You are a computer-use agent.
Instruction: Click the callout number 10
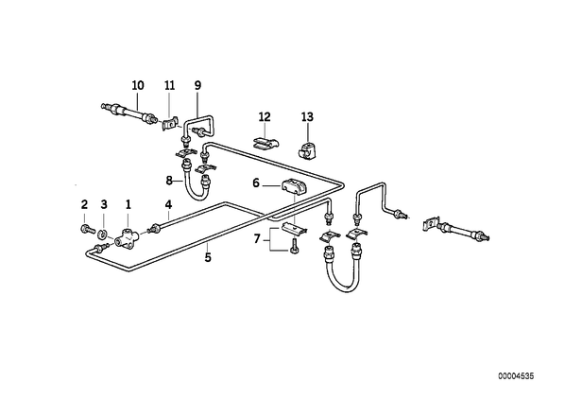tap(138, 85)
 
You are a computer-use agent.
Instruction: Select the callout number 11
tap(169, 85)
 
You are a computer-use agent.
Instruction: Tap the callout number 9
tap(197, 85)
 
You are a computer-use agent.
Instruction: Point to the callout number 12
tap(265, 117)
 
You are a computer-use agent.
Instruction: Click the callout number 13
tap(307, 117)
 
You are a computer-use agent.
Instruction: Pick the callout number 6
tap(256, 183)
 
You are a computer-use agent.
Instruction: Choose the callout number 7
tap(257, 239)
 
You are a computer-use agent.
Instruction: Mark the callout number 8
tap(169, 181)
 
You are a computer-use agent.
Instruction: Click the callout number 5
tap(208, 258)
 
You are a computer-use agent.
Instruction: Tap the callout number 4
tap(168, 205)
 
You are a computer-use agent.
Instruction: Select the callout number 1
tap(128, 205)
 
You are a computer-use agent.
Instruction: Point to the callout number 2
tap(84, 205)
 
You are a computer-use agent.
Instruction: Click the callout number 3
tap(104, 205)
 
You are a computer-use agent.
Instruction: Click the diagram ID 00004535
tap(516, 376)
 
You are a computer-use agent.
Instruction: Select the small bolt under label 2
tap(86, 229)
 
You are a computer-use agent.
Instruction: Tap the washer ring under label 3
tap(103, 235)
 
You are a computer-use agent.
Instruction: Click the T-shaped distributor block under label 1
tap(126, 238)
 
